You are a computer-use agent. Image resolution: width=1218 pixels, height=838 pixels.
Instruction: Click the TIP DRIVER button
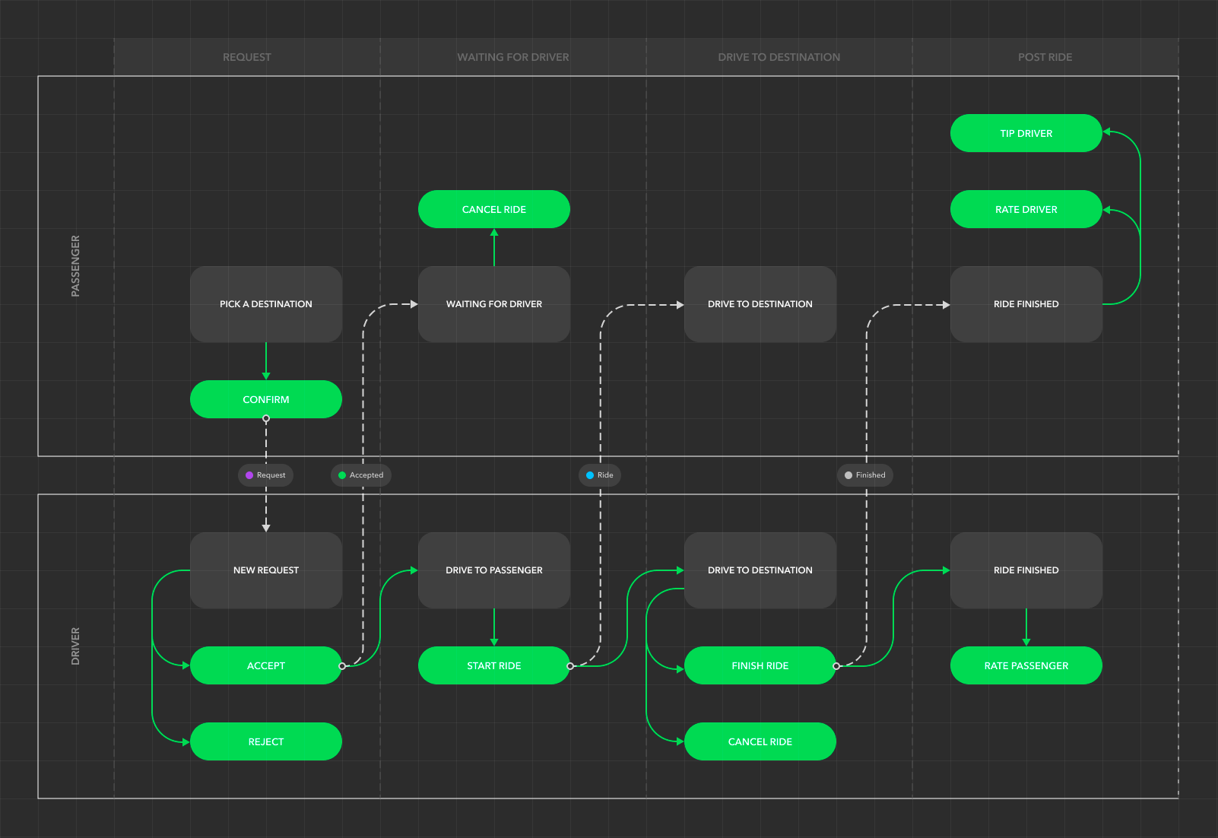[x=1026, y=133]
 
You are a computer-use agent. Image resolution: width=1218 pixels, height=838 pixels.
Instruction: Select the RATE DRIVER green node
[x=1026, y=209]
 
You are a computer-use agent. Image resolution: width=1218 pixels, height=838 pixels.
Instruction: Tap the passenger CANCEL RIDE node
[x=493, y=209]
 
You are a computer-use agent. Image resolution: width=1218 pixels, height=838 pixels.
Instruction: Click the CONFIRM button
[x=265, y=399]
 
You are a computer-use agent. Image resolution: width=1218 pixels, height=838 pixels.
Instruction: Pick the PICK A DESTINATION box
[x=265, y=304]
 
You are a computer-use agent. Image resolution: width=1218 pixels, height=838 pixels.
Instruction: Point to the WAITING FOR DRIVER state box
[x=493, y=304]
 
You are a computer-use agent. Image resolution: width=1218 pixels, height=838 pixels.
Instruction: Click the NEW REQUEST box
[x=265, y=570]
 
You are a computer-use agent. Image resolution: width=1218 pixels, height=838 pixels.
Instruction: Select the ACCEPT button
[x=265, y=665]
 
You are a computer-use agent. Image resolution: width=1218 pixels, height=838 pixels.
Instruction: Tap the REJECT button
[x=265, y=741]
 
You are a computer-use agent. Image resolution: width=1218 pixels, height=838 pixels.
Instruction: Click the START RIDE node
[x=493, y=665]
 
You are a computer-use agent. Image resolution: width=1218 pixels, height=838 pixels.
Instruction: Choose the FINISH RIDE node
[x=760, y=665]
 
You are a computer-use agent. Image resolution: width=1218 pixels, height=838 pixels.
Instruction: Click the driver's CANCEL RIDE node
[x=760, y=741]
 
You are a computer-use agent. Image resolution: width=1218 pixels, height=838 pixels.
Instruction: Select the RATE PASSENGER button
[x=1026, y=665]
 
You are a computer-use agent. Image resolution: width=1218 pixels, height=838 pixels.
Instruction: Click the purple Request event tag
[x=265, y=475]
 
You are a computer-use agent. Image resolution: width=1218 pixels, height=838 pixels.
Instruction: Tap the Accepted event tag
[x=360, y=475]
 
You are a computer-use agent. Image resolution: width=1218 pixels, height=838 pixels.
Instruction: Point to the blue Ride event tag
[x=600, y=475]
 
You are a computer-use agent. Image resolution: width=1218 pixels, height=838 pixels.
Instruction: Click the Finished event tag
[x=865, y=475]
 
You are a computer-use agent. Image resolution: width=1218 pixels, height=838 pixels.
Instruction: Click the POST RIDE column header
[x=1045, y=57]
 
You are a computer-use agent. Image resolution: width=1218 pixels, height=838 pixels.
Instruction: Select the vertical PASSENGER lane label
[x=75, y=266]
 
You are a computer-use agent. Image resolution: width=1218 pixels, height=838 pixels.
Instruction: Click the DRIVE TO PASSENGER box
[x=493, y=570]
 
